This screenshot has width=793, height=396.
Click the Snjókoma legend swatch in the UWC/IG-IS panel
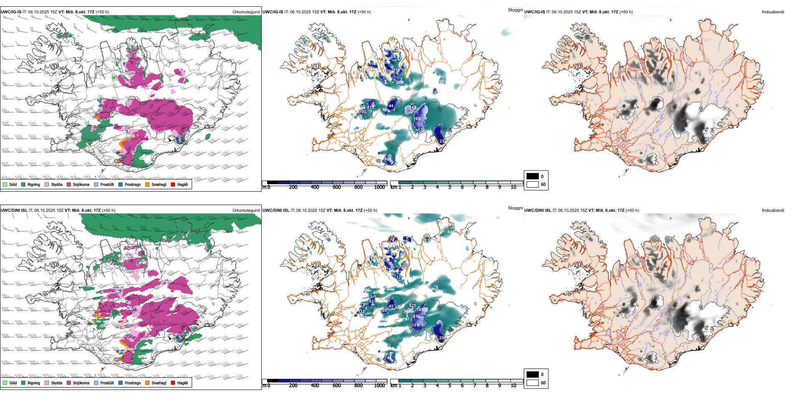point(69,184)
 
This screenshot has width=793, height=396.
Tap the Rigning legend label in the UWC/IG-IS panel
point(34,184)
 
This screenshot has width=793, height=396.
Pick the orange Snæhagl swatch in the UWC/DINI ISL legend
point(147,383)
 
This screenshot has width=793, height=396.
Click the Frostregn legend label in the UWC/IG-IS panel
point(133,184)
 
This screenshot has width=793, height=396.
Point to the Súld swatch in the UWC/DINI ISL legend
point(5,383)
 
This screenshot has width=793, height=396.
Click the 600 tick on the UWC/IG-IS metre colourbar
point(337,187)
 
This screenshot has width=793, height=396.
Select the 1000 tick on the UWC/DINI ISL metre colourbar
point(379,386)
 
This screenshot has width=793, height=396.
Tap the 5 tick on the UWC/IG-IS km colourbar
point(450,187)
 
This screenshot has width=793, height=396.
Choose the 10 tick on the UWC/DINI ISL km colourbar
point(513,386)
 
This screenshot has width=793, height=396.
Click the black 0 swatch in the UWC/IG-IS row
point(533,176)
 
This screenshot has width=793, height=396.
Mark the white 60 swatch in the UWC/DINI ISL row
point(533,383)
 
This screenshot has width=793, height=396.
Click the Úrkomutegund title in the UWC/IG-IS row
point(246,12)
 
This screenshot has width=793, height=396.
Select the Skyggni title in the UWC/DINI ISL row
point(515,208)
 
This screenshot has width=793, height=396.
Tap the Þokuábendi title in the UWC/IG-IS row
point(773,12)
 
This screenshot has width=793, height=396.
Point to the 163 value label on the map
point(417,119)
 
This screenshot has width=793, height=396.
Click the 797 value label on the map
point(406,319)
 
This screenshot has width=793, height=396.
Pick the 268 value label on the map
point(399,83)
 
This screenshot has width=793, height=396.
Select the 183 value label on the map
point(420,309)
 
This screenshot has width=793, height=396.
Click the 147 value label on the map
point(413,108)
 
